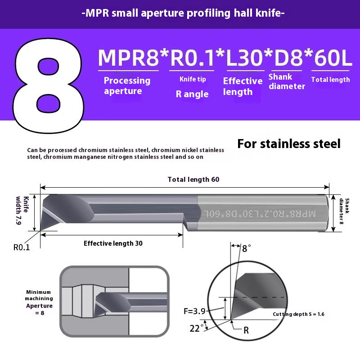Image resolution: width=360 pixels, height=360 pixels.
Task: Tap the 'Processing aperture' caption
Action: point(127,85)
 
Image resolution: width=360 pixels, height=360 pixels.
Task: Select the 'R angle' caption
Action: point(192,94)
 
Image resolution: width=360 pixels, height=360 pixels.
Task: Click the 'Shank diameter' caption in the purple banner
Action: point(287,81)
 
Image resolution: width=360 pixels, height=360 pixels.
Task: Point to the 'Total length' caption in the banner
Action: point(330,80)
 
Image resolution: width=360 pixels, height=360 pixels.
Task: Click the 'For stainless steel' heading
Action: point(289,144)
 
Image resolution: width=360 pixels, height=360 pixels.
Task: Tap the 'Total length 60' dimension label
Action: point(193,179)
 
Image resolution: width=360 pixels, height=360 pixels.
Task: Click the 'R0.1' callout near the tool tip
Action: point(22,247)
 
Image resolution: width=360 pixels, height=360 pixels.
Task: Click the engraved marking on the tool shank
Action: point(260,213)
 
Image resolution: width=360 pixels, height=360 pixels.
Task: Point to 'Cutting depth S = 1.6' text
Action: point(299,314)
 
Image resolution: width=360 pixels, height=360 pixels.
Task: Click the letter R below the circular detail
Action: point(246,330)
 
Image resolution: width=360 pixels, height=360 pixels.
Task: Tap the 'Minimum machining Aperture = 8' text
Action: point(39,302)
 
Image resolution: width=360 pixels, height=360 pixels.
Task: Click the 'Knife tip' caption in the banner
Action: point(193,79)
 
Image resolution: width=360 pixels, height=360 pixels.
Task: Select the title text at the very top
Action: point(183,13)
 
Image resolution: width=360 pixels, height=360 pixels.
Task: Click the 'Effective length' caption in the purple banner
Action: point(243,86)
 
